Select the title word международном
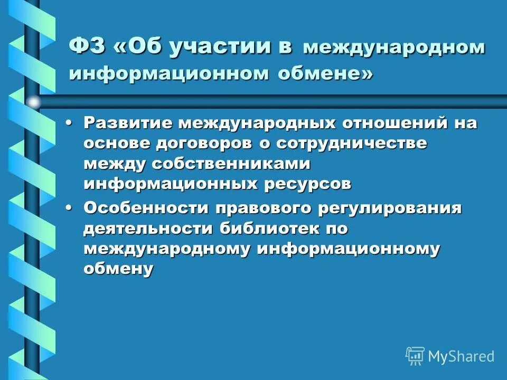click(393, 47)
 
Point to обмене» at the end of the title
click(325, 73)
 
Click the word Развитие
click(127, 123)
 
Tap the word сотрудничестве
click(343, 144)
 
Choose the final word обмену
click(118, 269)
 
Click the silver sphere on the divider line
click(34, 102)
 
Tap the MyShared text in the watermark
click(461, 356)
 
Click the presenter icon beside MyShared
click(415, 356)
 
